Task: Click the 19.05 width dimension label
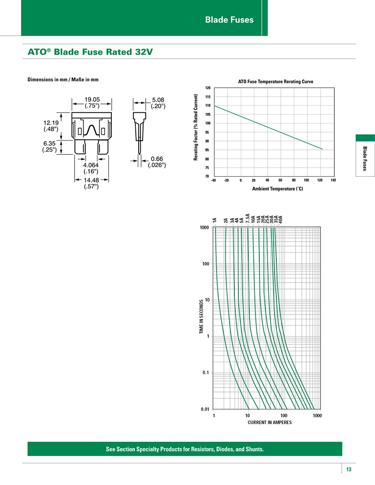pos(92,99)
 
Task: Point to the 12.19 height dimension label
pos(51,123)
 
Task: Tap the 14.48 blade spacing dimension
pos(91,180)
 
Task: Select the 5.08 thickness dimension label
pos(158,100)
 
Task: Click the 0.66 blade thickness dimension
pos(157,159)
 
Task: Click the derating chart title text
pos(275,82)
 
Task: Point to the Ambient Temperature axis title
pos(277,189)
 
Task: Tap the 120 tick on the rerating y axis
pos(208,88)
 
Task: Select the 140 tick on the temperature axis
pos(333,180)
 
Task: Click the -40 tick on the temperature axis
pos(214,180)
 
